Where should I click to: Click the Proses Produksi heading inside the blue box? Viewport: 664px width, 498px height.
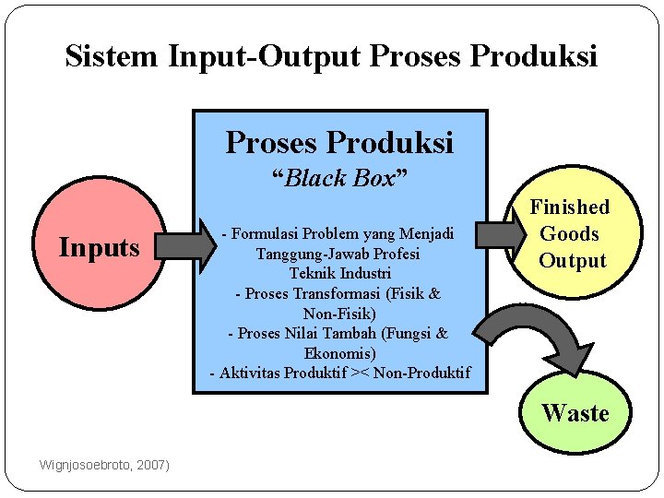tap(339, 143)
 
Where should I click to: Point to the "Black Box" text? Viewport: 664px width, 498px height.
tap(339, 178)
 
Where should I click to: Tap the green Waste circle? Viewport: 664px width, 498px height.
tap(575, 413)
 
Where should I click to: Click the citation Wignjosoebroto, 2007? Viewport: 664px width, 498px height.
tap(104, 465)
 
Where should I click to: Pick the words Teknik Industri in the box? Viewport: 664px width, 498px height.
tap(339, 273)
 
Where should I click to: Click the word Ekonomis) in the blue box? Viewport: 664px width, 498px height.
tap(339, 353)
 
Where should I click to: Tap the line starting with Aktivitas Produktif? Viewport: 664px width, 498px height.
tap(339, 373)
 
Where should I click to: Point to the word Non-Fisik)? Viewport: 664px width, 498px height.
tap(339, 314)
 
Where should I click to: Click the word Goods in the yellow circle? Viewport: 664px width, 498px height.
tap(569, 234)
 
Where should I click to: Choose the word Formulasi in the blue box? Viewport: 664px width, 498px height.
tap(266, 232)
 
